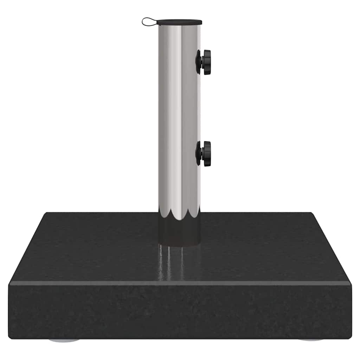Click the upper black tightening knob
tap(204, 62)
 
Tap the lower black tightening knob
tap(204, 154)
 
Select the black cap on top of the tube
tap(179, 22)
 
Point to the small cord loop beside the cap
tap(148, 22)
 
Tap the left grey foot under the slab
tap(64, 340)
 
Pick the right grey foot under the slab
tap(311, 340)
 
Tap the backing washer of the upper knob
tap(198, 62)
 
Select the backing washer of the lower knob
tap(198, 154)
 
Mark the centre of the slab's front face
tap(180, 311)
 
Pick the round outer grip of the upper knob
tap(207, 62)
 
